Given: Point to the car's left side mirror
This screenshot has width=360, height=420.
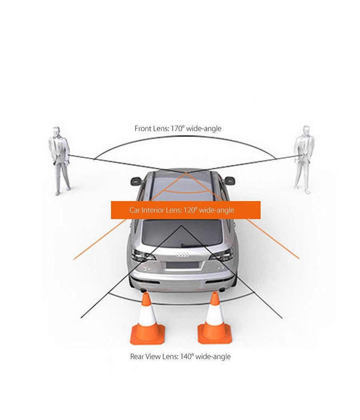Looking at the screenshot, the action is coord(137,181).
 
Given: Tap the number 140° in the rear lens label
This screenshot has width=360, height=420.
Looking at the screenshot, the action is coord(187,356).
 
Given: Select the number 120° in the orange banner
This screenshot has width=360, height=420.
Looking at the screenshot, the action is coord(190,210).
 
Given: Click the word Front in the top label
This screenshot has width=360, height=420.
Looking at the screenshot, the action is coord(143,128).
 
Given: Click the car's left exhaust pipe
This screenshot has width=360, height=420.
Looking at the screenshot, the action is coord(143,290).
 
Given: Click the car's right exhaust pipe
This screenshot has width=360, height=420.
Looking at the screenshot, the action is coord(222,289).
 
